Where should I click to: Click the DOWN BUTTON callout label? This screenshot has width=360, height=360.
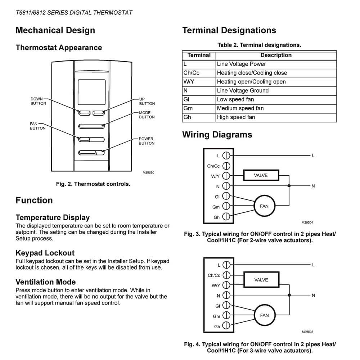tap(39, 101)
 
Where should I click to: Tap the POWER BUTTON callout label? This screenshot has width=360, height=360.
tap(147, 141)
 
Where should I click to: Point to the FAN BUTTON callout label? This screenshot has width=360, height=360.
tap(37, 126)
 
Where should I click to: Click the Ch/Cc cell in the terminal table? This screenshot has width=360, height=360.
tap(192, 73)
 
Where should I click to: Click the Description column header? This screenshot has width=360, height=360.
tap(276, 55)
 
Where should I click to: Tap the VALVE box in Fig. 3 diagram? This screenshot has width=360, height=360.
tap(261, 175)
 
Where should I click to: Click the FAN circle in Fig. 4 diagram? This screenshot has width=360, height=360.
tap(264, 315)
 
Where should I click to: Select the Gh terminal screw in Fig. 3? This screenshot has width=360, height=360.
tap(226, 217)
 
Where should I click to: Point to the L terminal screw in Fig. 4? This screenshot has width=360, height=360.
tap(226, 265)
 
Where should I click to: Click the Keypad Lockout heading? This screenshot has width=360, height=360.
tap(45, 253)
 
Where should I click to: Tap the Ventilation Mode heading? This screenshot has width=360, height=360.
tap(46, 282)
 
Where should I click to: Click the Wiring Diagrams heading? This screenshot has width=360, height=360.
tap(217, 135)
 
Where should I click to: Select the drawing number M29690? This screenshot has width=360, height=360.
tap(148, 172)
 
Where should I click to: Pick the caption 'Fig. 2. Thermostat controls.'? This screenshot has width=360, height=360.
tap(93, 184)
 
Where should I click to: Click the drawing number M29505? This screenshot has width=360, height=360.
tap(308, 332)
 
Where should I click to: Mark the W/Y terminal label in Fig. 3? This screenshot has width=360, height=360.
tap(215, 176)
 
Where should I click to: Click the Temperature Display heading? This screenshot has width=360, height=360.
tap(53, 217)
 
